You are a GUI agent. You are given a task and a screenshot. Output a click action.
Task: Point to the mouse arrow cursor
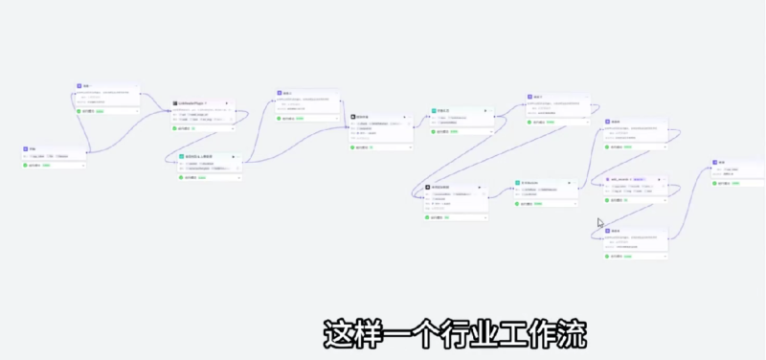[600, 223]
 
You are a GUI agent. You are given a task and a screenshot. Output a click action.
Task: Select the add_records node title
[623, 179]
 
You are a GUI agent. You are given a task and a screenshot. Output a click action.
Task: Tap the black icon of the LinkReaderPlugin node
[175, 102]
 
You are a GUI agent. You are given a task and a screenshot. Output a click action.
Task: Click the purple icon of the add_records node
[608, 179]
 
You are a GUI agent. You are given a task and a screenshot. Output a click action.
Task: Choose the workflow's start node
[53, 154]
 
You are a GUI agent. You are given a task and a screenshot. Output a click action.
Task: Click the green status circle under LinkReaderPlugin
[175, 127]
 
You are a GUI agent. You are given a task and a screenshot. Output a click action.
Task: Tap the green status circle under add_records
[608, 200]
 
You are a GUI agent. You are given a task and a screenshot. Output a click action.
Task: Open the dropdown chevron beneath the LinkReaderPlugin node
[232, 127]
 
